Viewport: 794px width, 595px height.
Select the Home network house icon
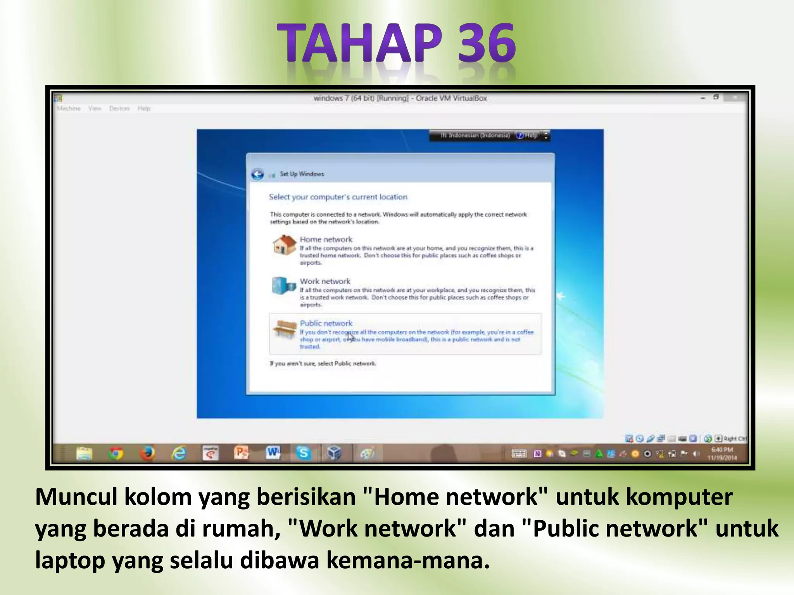tap(284, 245)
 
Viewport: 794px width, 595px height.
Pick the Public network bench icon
tap(285, 330)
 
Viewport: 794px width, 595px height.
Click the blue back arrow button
tap(257, 174)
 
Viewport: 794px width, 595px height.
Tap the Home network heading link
tap(326, 239)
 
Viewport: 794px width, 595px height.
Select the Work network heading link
tap(325, 281)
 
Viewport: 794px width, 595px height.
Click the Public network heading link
tap(326, 323)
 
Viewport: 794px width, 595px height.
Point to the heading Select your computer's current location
tap(338, 197)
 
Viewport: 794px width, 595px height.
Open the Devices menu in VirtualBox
tap(119, 108)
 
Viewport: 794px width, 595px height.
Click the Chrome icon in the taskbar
tap(116, 453)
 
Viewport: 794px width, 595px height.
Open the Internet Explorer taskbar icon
tap(179, 453)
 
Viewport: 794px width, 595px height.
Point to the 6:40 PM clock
tap(722, 450)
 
